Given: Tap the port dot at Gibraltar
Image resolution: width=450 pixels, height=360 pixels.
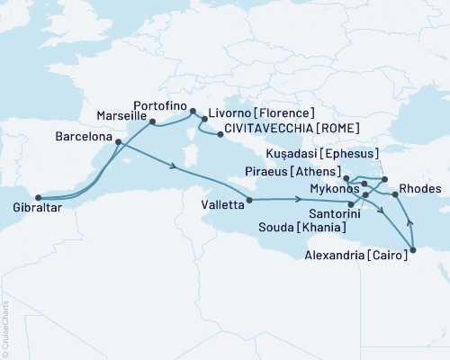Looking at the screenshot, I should pos(37,198).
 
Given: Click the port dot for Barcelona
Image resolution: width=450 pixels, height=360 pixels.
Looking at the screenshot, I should pos(119,141).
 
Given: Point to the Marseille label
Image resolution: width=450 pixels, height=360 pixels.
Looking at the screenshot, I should pos(121,116).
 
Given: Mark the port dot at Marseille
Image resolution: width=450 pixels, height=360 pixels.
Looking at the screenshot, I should pos(152,121).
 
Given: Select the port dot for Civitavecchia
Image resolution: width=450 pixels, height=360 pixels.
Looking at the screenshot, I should pos(220,135).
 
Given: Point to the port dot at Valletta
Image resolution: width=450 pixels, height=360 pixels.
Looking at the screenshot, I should pos(248,200).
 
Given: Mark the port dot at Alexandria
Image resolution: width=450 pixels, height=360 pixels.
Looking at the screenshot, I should pos(413,249).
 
